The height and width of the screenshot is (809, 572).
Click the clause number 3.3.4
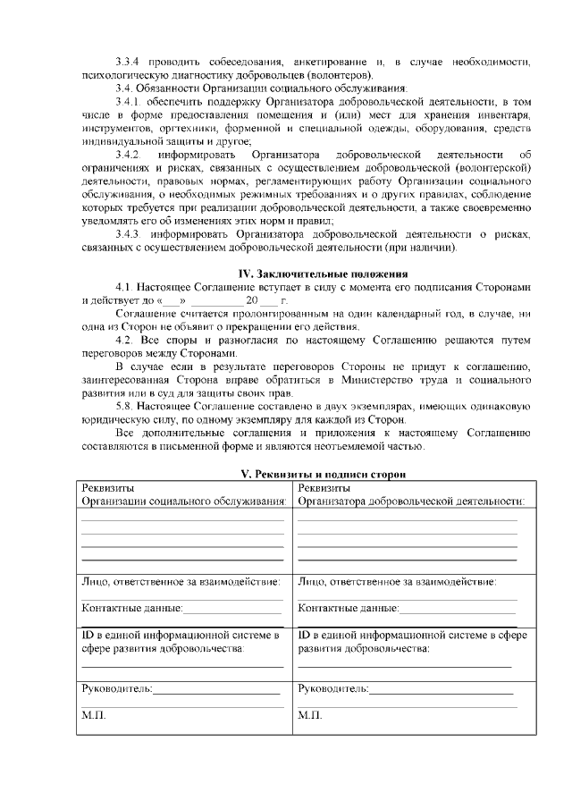(x=130, y=62)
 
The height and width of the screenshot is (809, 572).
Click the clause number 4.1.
(x=124, y=287)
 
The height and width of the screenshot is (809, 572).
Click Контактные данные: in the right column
(x=348, y=609)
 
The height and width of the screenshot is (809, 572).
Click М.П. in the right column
(x=310, y=716)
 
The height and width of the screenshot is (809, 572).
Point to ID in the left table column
(x=87, y=635)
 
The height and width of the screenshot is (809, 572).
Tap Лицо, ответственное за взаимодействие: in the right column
(x=397, y=582)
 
